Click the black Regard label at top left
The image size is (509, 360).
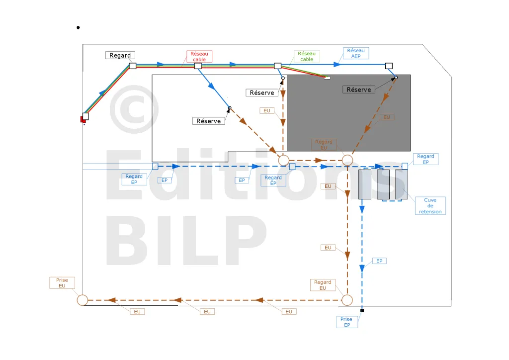point(120,55)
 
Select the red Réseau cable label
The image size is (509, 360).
point(199,57)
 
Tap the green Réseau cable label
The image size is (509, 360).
point(307,56)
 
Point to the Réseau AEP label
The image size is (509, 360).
point(356,53)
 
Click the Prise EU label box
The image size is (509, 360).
point(62,283)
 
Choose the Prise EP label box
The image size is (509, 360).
point(347,322)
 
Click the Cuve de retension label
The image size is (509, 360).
point(430,206)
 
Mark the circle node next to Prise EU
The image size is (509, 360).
point(83,300)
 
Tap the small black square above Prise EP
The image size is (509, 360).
point(362,311)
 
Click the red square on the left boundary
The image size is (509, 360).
point(83,119)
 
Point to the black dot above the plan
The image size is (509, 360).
point(78,27)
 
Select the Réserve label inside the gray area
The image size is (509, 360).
point(359,90)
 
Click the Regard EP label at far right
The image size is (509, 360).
point(425,159)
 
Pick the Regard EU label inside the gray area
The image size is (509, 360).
point(324,145)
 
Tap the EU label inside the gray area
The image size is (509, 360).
point(387,117)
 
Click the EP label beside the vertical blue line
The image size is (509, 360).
point(379,261)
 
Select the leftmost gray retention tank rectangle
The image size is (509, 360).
point(365,184)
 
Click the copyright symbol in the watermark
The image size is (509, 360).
point(134,109)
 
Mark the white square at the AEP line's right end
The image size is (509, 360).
point(389,66)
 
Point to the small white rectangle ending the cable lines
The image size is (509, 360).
point(327,78)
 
